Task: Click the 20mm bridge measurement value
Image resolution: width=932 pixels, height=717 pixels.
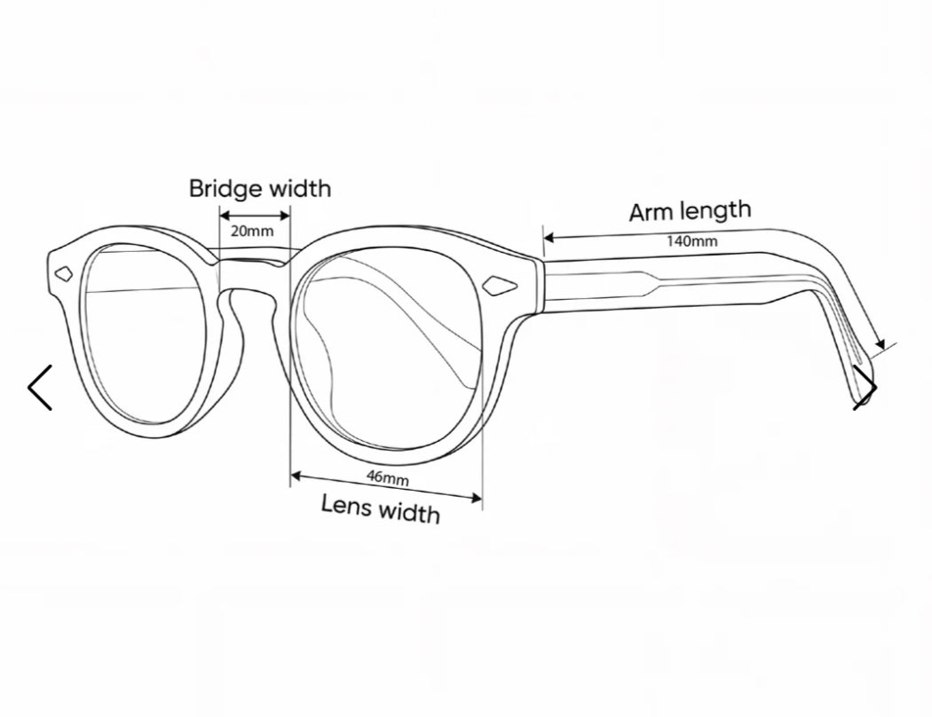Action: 253,231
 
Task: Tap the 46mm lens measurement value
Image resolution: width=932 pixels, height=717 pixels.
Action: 388,477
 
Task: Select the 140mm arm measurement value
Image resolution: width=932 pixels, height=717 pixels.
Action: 691,240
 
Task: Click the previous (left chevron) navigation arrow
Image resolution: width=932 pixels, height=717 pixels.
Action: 40,387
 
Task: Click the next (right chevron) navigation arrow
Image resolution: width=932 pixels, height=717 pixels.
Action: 865,387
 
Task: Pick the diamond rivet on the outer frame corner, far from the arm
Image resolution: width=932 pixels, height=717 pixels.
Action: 64,274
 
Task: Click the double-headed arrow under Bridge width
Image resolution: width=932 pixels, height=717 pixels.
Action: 255,215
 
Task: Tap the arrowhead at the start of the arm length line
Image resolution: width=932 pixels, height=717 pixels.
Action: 549,238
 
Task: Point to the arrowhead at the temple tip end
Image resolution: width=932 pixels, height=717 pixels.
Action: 880,344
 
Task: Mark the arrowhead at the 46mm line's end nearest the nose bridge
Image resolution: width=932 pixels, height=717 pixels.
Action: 296,476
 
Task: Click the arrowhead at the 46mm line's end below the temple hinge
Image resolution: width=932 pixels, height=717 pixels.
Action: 476,498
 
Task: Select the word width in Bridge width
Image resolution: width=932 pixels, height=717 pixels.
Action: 300,189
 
